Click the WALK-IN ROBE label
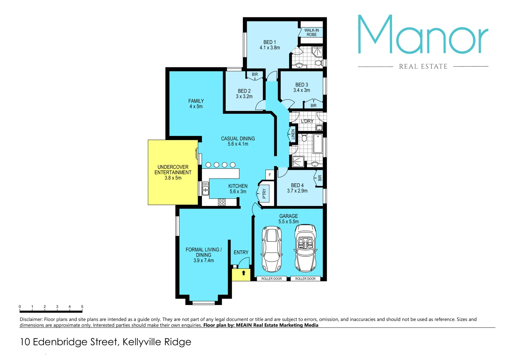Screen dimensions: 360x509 pyautogui.click(x=311, y=32)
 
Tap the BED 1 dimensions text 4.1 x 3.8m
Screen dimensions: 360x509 pyautogui.click(x=270, y=48)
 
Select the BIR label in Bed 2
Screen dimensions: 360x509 pyautogui.click(x=255, y=75)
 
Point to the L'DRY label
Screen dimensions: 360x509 pyautogui.click(x=307, y=121)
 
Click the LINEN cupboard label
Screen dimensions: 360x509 pyautogui.click(x=293, y=134)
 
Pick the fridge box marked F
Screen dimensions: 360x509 pyautogui.click(x=270, y=175)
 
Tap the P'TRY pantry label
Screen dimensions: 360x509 pyautogui.click(x=264, y=193)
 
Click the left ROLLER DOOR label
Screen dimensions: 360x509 pyautogui.click(x=271, y=279)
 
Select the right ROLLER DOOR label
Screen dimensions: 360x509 pyautogui.click(x=305, y=279)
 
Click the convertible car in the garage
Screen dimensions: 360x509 pyautogui.click(x=305, y=248)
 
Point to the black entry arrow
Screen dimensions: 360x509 pyautogui.click(x=244, y=273)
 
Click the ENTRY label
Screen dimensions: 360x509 pyautogui.click(x=241, y=252)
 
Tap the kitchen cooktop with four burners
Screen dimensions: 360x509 pyautogui.click(x=222, y=202)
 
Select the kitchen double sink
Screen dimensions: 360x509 pyautogui.click(x=205, y=189)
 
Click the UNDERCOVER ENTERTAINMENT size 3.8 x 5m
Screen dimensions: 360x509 pyautogui.click(x=173, y=178)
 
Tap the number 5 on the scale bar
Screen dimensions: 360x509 pyautogui.click(x=82, y=307)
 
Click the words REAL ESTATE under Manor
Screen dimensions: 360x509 pyautogui.click(x=423, y=67)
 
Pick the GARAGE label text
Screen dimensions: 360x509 pyautogui.click(x=289, y=216)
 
